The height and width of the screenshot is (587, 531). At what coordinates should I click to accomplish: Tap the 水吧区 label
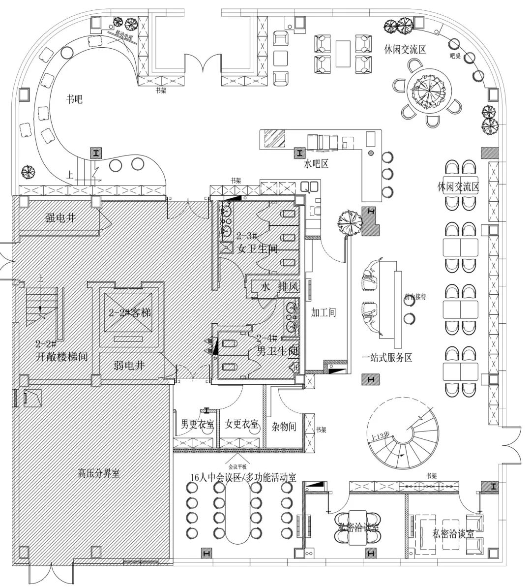coord(317,163)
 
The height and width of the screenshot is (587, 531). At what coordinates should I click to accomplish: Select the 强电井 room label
coord(60,217)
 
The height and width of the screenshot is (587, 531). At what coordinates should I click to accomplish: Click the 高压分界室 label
coord(99,474)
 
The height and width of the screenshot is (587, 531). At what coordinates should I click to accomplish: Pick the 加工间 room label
coord(324,312)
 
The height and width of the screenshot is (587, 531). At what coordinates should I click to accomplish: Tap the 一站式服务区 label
coord(386,358)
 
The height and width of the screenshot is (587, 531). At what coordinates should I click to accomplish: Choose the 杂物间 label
coord(284,426)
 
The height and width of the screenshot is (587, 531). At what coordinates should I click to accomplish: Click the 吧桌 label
coord(455,56)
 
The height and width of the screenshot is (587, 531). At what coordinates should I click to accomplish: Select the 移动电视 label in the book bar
coord(124,35)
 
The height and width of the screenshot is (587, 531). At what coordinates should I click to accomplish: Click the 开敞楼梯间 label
coord(61,357)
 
